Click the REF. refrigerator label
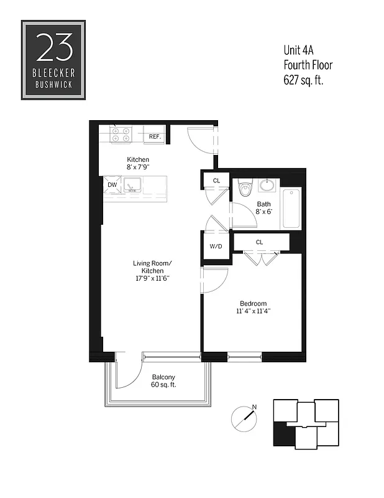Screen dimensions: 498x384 155,136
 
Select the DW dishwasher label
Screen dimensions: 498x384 112,185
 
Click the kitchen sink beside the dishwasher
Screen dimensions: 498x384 132,185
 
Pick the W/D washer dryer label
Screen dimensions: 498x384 216,246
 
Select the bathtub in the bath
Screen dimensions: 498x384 291,209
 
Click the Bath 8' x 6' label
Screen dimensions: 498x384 264,208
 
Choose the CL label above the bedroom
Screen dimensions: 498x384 259,242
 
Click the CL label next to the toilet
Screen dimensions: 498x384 216,181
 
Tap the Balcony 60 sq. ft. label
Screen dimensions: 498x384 163,381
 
